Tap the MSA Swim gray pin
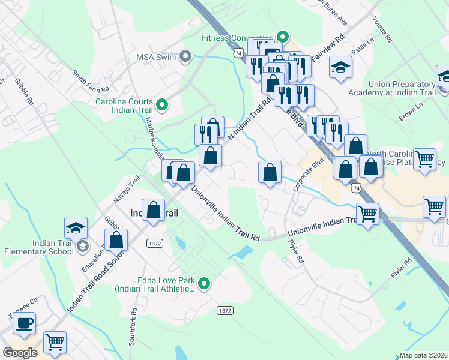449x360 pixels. (185, 57)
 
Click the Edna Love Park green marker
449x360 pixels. (205, 283)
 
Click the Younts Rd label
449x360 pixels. (382, 28)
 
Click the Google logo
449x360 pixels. (20, 352)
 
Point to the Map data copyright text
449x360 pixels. (424, 355)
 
